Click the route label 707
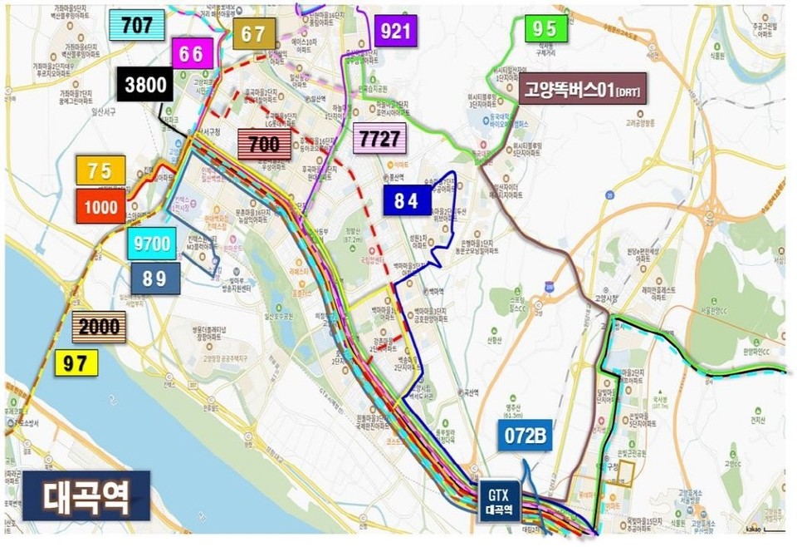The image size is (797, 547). click(x=137, y=25)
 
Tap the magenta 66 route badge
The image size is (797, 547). click(x=191, y=55)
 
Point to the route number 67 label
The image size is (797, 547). click(x=253, y=33)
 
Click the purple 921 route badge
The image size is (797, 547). click(x=395, y=32)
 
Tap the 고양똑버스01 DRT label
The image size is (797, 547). click(x=583, y=89)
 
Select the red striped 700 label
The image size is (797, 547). click(x=264, y=144)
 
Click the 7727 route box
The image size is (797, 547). click(x=379, y=137)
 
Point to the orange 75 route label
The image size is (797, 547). click(x=100, y=170)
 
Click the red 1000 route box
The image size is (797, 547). click(x=100, y=206)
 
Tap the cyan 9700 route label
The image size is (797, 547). click(x=152, y=244)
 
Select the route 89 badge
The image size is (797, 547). click(x=154, y=278)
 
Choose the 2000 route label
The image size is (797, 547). click(x=100, y=328)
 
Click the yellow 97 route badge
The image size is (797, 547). click(x=76, y=362)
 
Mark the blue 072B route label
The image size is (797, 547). click(x=526, y=436)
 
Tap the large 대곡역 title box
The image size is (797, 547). click(x=86, y=496)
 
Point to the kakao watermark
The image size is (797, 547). click(x=752, y=529)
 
